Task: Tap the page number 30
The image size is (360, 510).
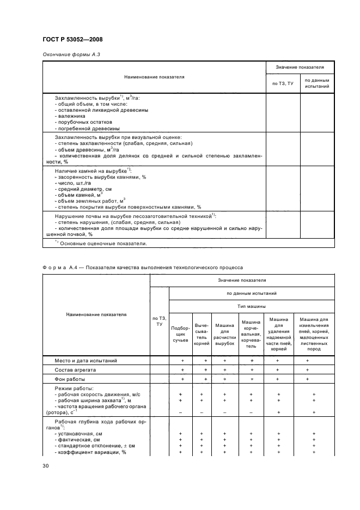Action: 46,466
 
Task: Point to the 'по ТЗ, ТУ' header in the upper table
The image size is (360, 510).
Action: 283,83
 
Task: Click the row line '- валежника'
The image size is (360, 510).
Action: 71,116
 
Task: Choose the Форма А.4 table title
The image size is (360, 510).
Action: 143,268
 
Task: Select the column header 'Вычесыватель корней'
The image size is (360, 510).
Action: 202,333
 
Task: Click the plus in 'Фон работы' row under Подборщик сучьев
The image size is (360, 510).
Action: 182,379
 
